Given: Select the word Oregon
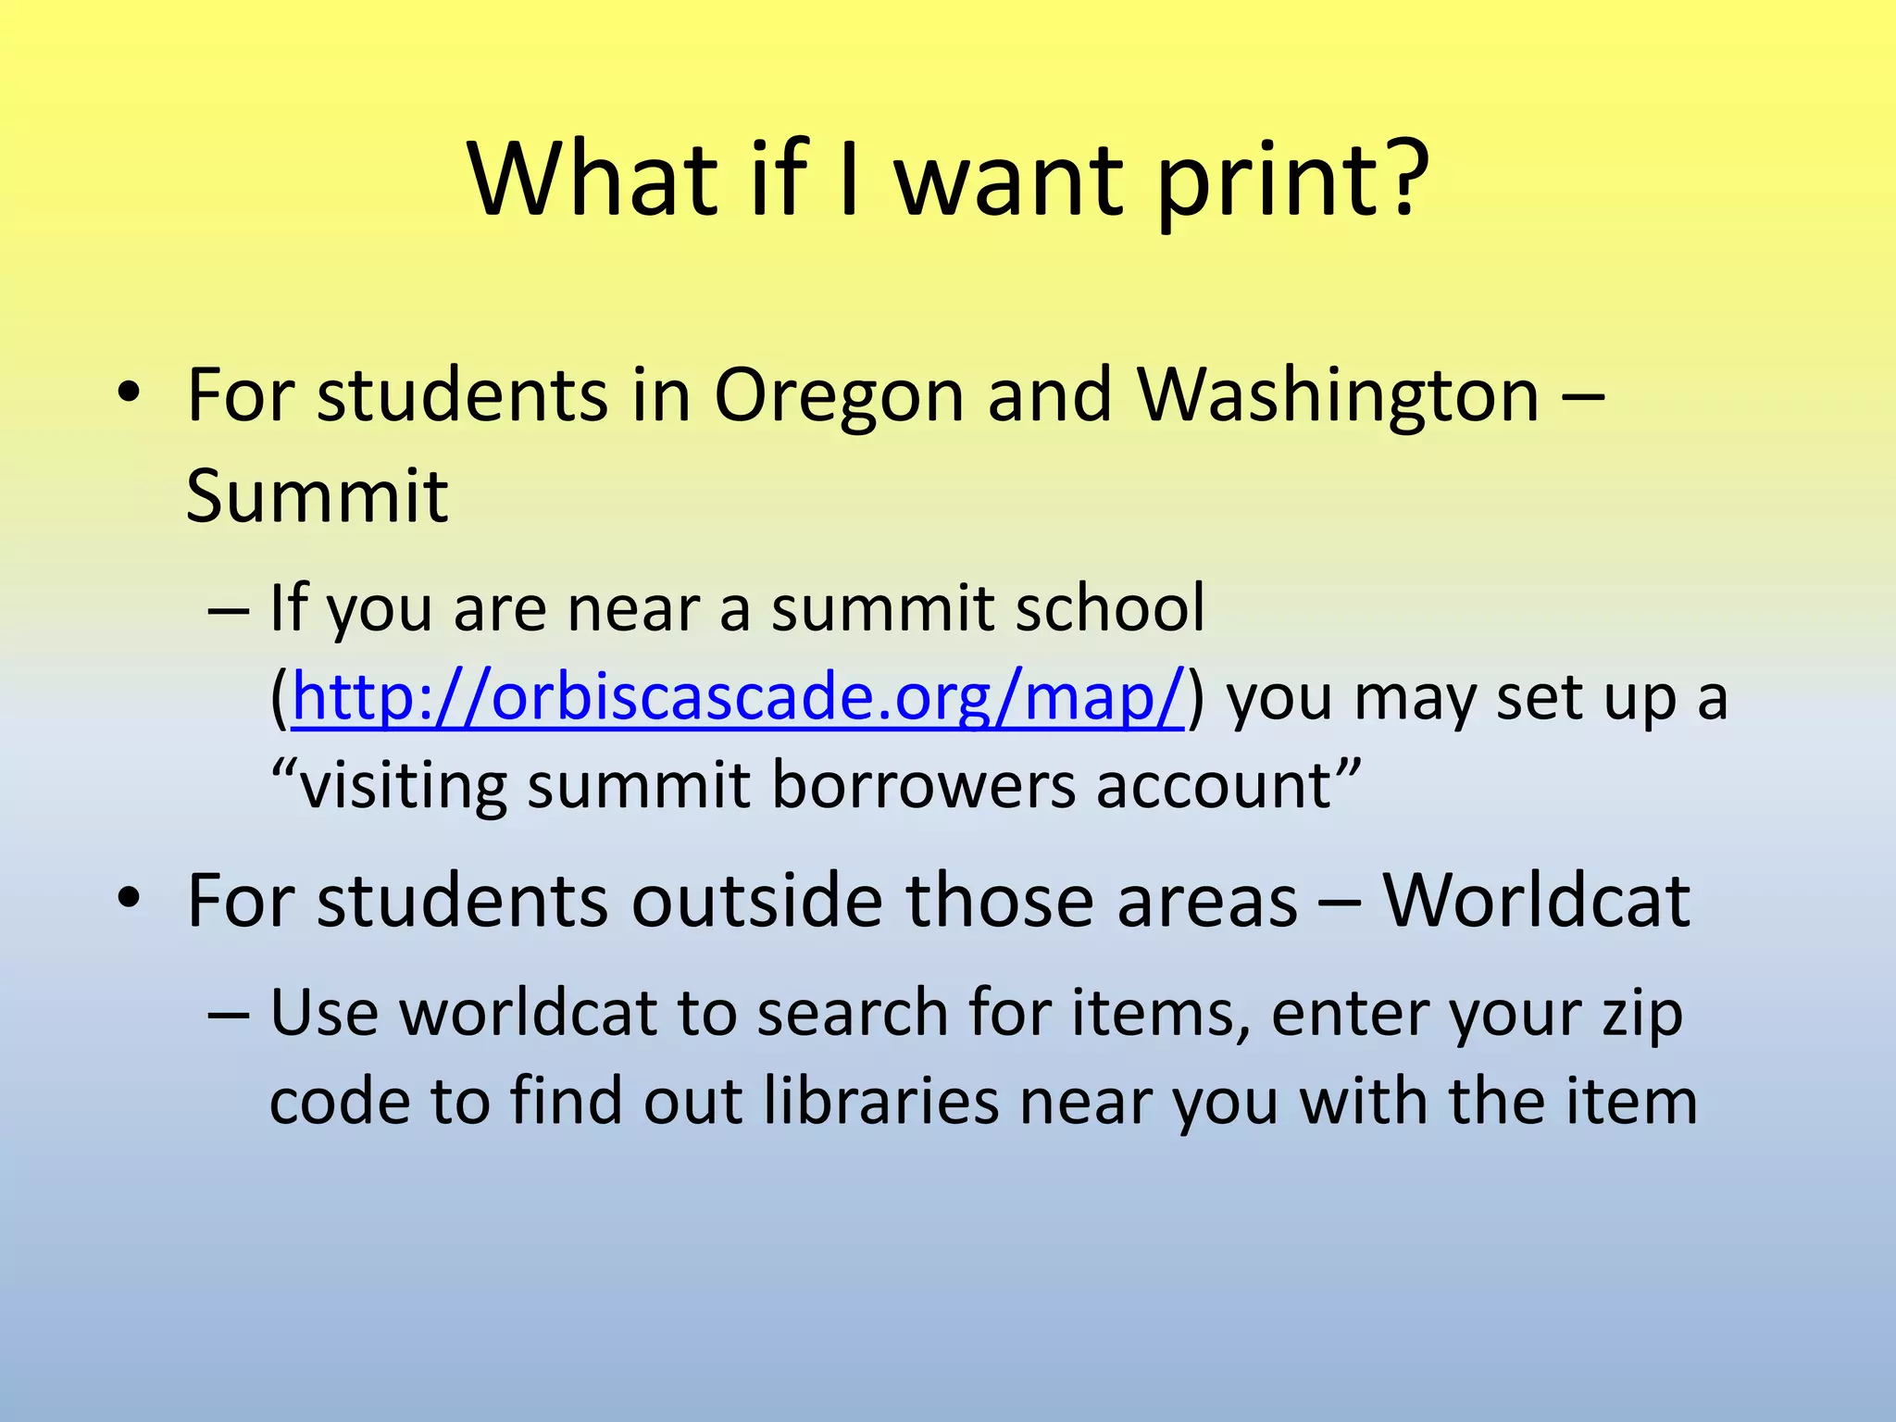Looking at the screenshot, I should pos(840,396).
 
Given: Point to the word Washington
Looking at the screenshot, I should pos(1338,396).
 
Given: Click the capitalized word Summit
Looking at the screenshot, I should pos(317,496).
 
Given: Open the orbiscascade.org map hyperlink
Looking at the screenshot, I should pos(738,697).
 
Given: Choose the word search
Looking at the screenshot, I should pos(852,1013).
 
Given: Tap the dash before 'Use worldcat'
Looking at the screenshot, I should pos(229,1014).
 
